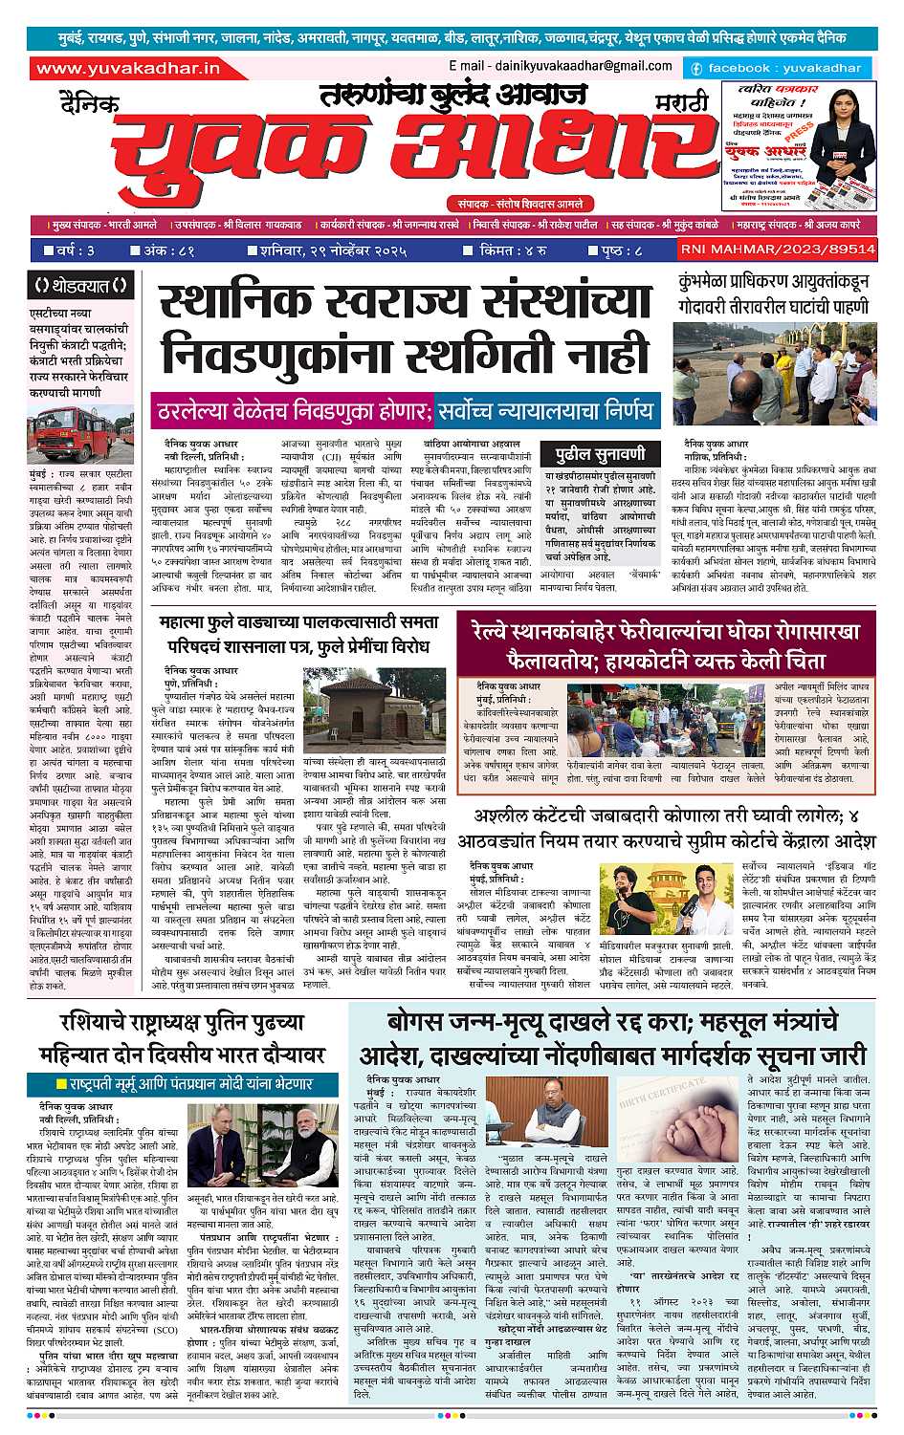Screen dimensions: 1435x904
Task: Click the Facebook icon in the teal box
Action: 696,69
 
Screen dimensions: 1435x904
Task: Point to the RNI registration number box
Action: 777,250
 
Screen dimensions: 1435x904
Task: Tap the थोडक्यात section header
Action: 80,285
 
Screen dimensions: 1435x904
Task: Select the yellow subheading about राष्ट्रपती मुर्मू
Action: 185,1084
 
